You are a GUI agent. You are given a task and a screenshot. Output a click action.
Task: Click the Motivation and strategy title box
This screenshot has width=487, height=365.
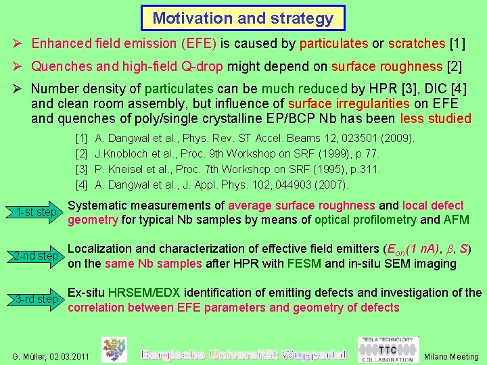(243, 18)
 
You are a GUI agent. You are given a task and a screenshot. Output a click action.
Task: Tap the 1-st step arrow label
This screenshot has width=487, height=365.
(37, 212)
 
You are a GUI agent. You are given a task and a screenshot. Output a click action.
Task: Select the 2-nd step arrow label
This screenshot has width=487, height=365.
(37, 255)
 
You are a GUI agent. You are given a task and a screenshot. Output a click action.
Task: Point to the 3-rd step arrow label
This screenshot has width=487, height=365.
(37, 299)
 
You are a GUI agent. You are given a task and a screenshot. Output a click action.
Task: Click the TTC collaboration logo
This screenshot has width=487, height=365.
(387, 351)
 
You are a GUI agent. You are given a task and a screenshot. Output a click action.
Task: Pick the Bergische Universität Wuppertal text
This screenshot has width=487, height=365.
(243, 354)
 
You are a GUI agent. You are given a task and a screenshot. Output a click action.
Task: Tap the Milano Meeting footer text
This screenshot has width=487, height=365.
(452, 356)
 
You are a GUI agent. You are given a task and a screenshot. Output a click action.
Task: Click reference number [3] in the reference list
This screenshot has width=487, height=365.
(81, 169)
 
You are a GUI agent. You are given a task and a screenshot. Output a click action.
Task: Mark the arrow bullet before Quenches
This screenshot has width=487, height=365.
(19, 66)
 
